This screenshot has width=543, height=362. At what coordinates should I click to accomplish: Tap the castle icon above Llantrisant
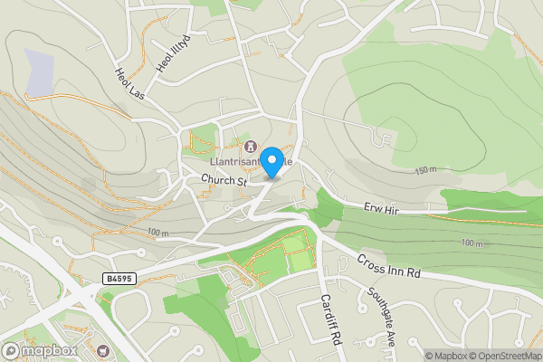click(250, 148)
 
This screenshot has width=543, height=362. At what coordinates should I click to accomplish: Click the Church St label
click(224, 181)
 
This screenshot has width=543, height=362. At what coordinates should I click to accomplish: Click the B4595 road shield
click(119, 279)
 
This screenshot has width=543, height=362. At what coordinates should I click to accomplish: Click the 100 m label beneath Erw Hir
click(471, 243)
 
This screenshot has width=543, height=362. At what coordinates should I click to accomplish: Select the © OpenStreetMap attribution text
click(504, 356)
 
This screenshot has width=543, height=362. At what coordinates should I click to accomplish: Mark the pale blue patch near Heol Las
click(40, 72)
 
